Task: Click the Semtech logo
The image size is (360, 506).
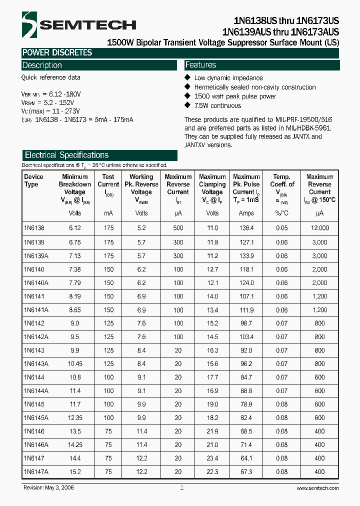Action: click(78, 24)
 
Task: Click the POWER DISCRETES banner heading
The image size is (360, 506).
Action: click(56, 52)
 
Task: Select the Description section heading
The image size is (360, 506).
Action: click(42, 65)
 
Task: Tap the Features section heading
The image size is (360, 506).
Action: click(200, 65)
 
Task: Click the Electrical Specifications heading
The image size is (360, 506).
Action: click(66, 155)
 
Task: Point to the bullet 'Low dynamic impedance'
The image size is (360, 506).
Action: click(228, 78)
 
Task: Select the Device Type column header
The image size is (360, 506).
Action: click(34, 180)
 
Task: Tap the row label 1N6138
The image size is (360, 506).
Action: click(34, 228)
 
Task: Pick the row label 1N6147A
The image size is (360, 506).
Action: click(35, 471)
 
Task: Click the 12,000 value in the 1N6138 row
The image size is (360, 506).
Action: click(319, 228)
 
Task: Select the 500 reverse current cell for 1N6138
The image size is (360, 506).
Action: click(178, 228)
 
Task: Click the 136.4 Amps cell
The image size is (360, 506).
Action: click(246, 228)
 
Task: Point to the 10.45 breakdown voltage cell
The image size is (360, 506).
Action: click(74, 363)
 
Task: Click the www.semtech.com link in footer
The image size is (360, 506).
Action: click(317, 488)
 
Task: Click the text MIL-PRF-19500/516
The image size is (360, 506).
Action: click(303, 120)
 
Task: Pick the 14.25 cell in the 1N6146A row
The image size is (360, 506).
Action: click(74, 444)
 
